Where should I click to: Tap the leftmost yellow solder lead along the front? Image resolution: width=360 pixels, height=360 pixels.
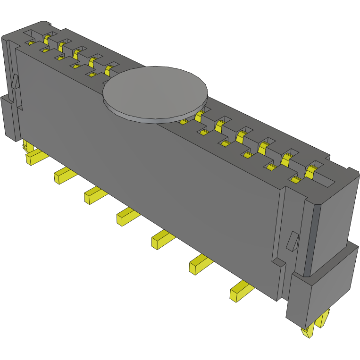pos(35,156)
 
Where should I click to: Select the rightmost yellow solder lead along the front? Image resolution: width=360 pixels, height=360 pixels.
pos(241,291)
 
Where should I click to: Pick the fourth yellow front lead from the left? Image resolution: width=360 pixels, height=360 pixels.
pos(127,216)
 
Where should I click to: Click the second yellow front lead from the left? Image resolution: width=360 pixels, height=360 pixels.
pos(63,175)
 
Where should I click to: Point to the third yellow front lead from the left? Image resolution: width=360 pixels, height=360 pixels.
pos(94,194)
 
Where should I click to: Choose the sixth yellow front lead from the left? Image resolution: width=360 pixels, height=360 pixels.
pos(201,264)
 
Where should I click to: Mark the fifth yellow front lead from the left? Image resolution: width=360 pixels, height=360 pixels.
pos(162,239)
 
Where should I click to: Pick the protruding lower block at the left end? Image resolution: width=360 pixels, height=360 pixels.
pos(9,118)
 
